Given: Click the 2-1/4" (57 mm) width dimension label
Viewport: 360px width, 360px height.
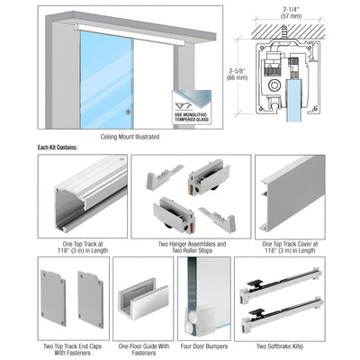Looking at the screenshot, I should [x=289, y=14].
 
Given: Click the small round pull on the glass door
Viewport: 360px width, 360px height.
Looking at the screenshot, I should [x=129, y=112].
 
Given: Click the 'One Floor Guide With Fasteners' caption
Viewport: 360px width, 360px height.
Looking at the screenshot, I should [x=145, y=348].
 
